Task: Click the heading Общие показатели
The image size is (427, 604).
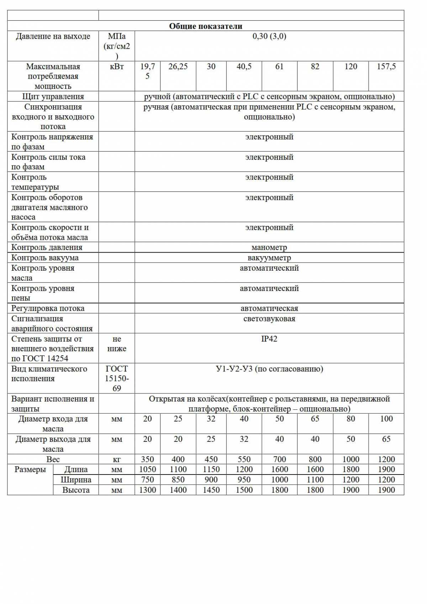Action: tap(205, 26)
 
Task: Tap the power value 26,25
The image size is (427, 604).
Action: tap(178, 67)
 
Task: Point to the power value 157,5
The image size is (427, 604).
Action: tap(386, 67)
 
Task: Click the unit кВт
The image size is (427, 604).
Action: tap(117, 67)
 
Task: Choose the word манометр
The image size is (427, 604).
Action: tap(269, 247)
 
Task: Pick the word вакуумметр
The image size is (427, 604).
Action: tap(269, 258)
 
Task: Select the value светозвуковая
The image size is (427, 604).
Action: tap(269, 319)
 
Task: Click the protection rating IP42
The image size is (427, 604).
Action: tap(269, 339)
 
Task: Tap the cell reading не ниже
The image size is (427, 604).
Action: tap(117, 344)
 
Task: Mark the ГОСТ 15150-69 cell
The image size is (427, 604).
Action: tap(117, 378)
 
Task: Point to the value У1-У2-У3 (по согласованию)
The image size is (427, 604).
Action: tap(269, 369)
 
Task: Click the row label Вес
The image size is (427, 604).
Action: tap(53, 459)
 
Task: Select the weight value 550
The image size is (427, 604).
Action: tap(244, 459)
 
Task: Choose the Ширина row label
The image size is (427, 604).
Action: tap(76, 480)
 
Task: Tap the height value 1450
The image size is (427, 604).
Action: tap(211, 490)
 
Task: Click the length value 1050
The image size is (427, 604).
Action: tap(147, 469)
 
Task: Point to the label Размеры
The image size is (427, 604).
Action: tap(30, 469)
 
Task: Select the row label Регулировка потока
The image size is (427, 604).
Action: tap(48, 308)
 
